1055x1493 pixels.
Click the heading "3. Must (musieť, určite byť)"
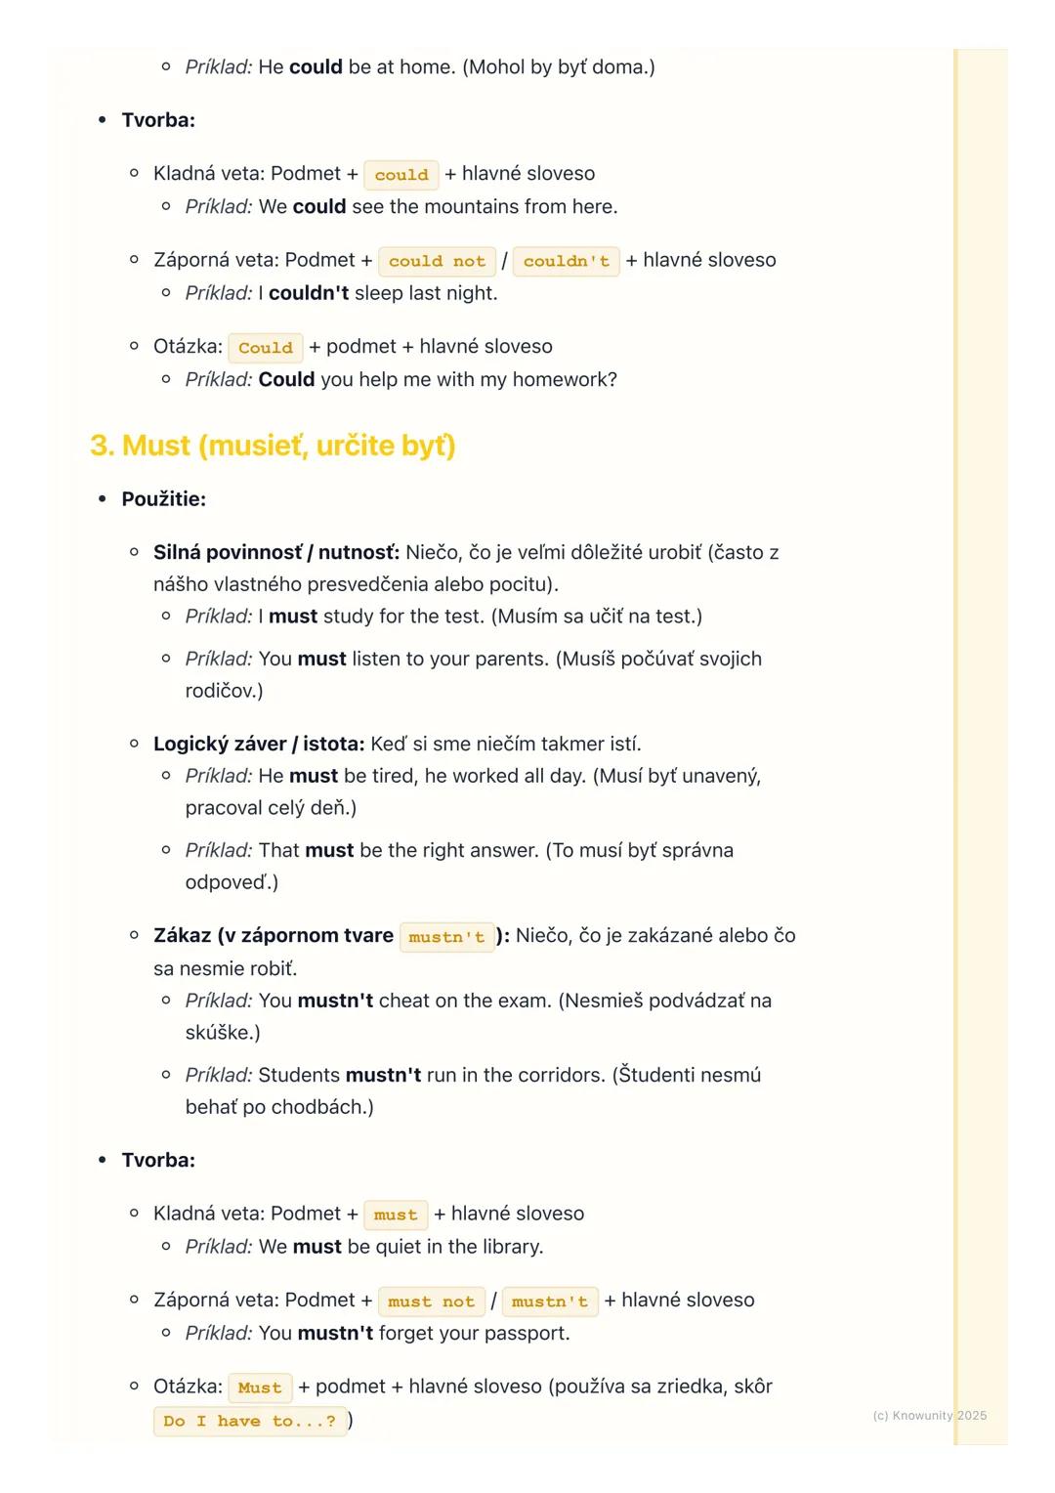pyautogui.click(x=273, y=446)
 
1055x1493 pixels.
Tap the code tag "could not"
pyautogui.click(x=437, y=261)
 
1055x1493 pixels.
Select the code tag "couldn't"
pyautogui.click(x=566, y=261)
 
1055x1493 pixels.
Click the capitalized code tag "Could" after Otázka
pyautogui.click(x=265, y=348)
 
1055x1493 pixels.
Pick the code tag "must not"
pyautogui.click(x=431, y=1301)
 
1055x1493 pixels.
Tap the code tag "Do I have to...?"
pyautogui.click(x=249, y=1421)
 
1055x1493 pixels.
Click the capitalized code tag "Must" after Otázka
pyautogui.click(x=259, y=1387)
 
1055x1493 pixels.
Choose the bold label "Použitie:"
pyautogui.click(x=163, y=499)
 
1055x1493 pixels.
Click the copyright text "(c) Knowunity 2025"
pyautogui.click(x=929, y=1415)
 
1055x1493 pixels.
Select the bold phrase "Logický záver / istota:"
pyautogui.click(x=258, y=744)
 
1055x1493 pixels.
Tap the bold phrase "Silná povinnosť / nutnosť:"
pyautogui.click(x=275, y=552)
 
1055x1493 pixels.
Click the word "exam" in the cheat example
pyautogui.click(x=523, y=1001)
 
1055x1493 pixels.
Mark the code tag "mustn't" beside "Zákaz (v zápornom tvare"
pyautogui.click(x=446, y=937)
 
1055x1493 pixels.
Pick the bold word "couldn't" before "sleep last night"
pyautogui.click(x=308, y=293)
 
